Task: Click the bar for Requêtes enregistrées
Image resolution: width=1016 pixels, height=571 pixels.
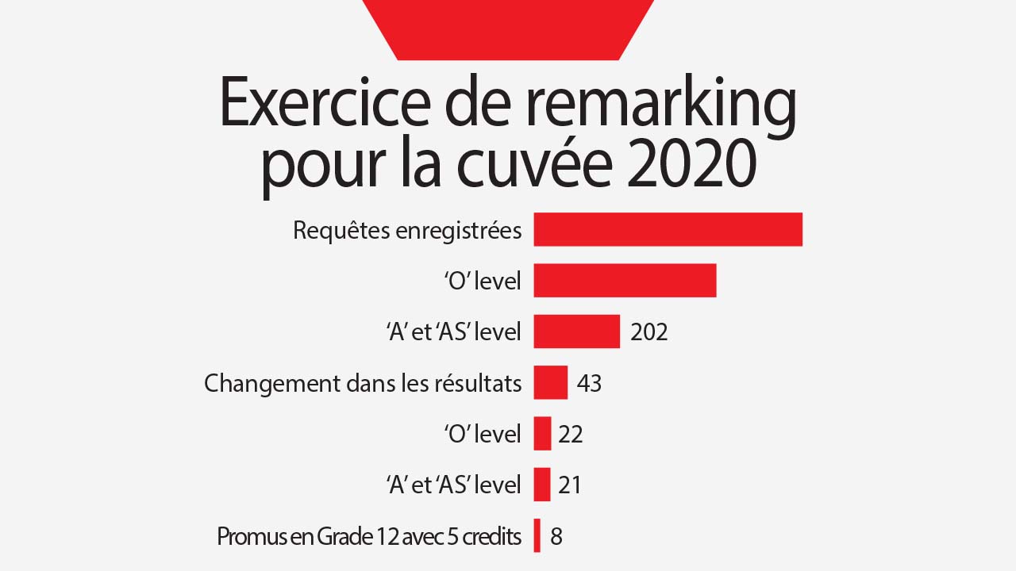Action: [668, 230]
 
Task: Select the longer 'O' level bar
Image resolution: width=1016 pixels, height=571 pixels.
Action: [625, 281]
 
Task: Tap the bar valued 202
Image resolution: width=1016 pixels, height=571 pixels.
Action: [576, 331]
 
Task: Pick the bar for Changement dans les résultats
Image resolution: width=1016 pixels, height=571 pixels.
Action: [550, 382]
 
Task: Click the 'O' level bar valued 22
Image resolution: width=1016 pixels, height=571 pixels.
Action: [542, 434]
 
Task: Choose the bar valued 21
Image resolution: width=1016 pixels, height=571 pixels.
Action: [541, 485]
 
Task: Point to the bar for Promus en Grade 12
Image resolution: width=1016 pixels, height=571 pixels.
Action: [537, 535]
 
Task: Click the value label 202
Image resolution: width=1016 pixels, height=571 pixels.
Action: [649, 332]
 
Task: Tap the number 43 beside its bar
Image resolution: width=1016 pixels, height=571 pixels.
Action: [589, 384]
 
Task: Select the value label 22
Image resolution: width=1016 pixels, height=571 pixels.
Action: [571, 435]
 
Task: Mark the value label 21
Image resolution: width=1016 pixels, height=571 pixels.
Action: [570, 485]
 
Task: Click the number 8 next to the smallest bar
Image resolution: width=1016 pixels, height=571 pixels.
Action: [556, 537]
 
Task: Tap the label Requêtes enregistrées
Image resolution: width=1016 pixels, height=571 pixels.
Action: [407, 231]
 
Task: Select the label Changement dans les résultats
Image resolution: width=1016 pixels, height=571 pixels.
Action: [363, 384]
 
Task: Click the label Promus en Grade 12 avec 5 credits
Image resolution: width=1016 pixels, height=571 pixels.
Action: [369, 537]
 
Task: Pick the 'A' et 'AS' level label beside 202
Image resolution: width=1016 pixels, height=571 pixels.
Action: [453, 332]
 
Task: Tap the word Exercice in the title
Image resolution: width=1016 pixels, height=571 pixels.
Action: [317, 103]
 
